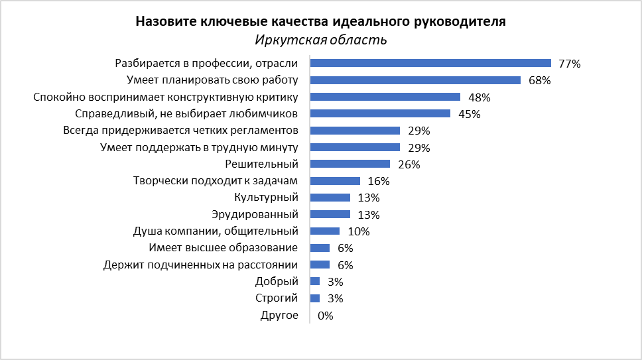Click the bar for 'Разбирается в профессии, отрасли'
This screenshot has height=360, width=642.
(430, 63)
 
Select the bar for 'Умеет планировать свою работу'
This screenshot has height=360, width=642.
(415, 80)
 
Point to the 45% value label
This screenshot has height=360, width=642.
(470, 114)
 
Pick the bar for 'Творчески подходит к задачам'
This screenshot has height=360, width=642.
(335, 181)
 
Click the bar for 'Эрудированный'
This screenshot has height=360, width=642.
(330, 215)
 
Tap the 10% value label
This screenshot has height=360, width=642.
(359, 231)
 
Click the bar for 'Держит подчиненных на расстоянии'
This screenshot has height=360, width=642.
(320, 265)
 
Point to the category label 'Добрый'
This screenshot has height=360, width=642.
(281, 282)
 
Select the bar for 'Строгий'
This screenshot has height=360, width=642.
(315, 298)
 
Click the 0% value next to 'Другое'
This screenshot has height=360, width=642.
(326, 316)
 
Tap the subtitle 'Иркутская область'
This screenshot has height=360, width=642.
(321, 40)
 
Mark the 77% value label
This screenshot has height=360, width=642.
(570, 64)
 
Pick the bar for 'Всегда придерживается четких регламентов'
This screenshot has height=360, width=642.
(355, 131)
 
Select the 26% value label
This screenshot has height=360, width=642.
(409, 164)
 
